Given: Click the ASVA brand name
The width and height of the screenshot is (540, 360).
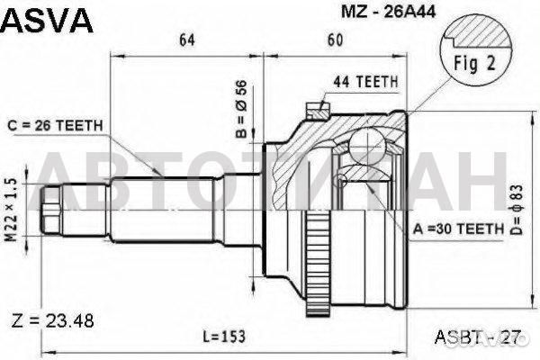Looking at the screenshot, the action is click(x=47, y=21).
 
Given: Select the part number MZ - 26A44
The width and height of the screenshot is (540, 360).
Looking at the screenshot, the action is click(x=389, y=12).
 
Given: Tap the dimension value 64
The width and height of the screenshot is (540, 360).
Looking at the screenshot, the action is click(x=187, y=40).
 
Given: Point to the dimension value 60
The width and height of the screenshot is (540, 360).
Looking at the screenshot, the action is click(x=335, y=40).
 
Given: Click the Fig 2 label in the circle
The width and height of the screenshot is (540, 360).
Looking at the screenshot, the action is click(x=474, y=63).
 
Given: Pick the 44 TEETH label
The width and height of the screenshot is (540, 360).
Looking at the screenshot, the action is click(x=365, y=82).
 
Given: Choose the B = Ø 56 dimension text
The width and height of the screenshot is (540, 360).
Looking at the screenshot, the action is click(x=242, y=109).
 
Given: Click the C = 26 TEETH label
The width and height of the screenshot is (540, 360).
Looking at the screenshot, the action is click(x=55, y=125).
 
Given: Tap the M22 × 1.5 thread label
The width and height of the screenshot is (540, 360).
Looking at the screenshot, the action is click(x=11, y=210).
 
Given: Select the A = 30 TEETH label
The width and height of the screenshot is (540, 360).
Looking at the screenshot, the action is click(x=458, y=229).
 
